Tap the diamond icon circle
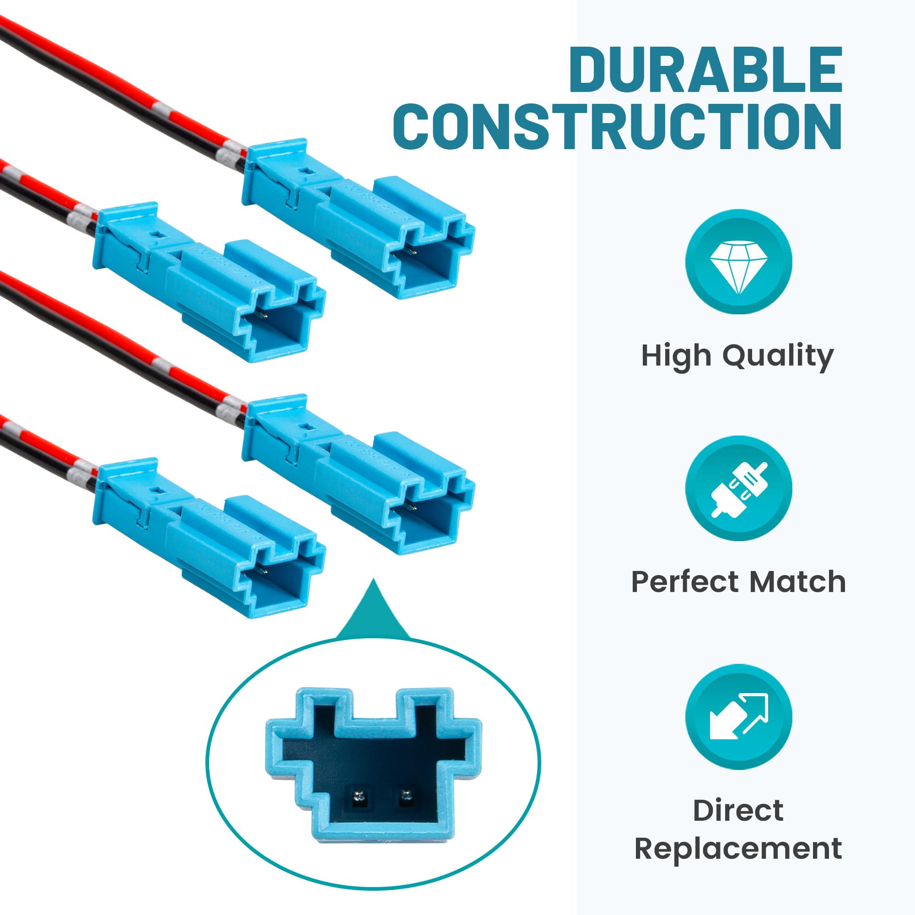(x=738, y=261)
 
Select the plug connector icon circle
(x=738, y=488)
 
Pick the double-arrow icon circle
(x=738, y=716)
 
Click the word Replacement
(x=738, y=848)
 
